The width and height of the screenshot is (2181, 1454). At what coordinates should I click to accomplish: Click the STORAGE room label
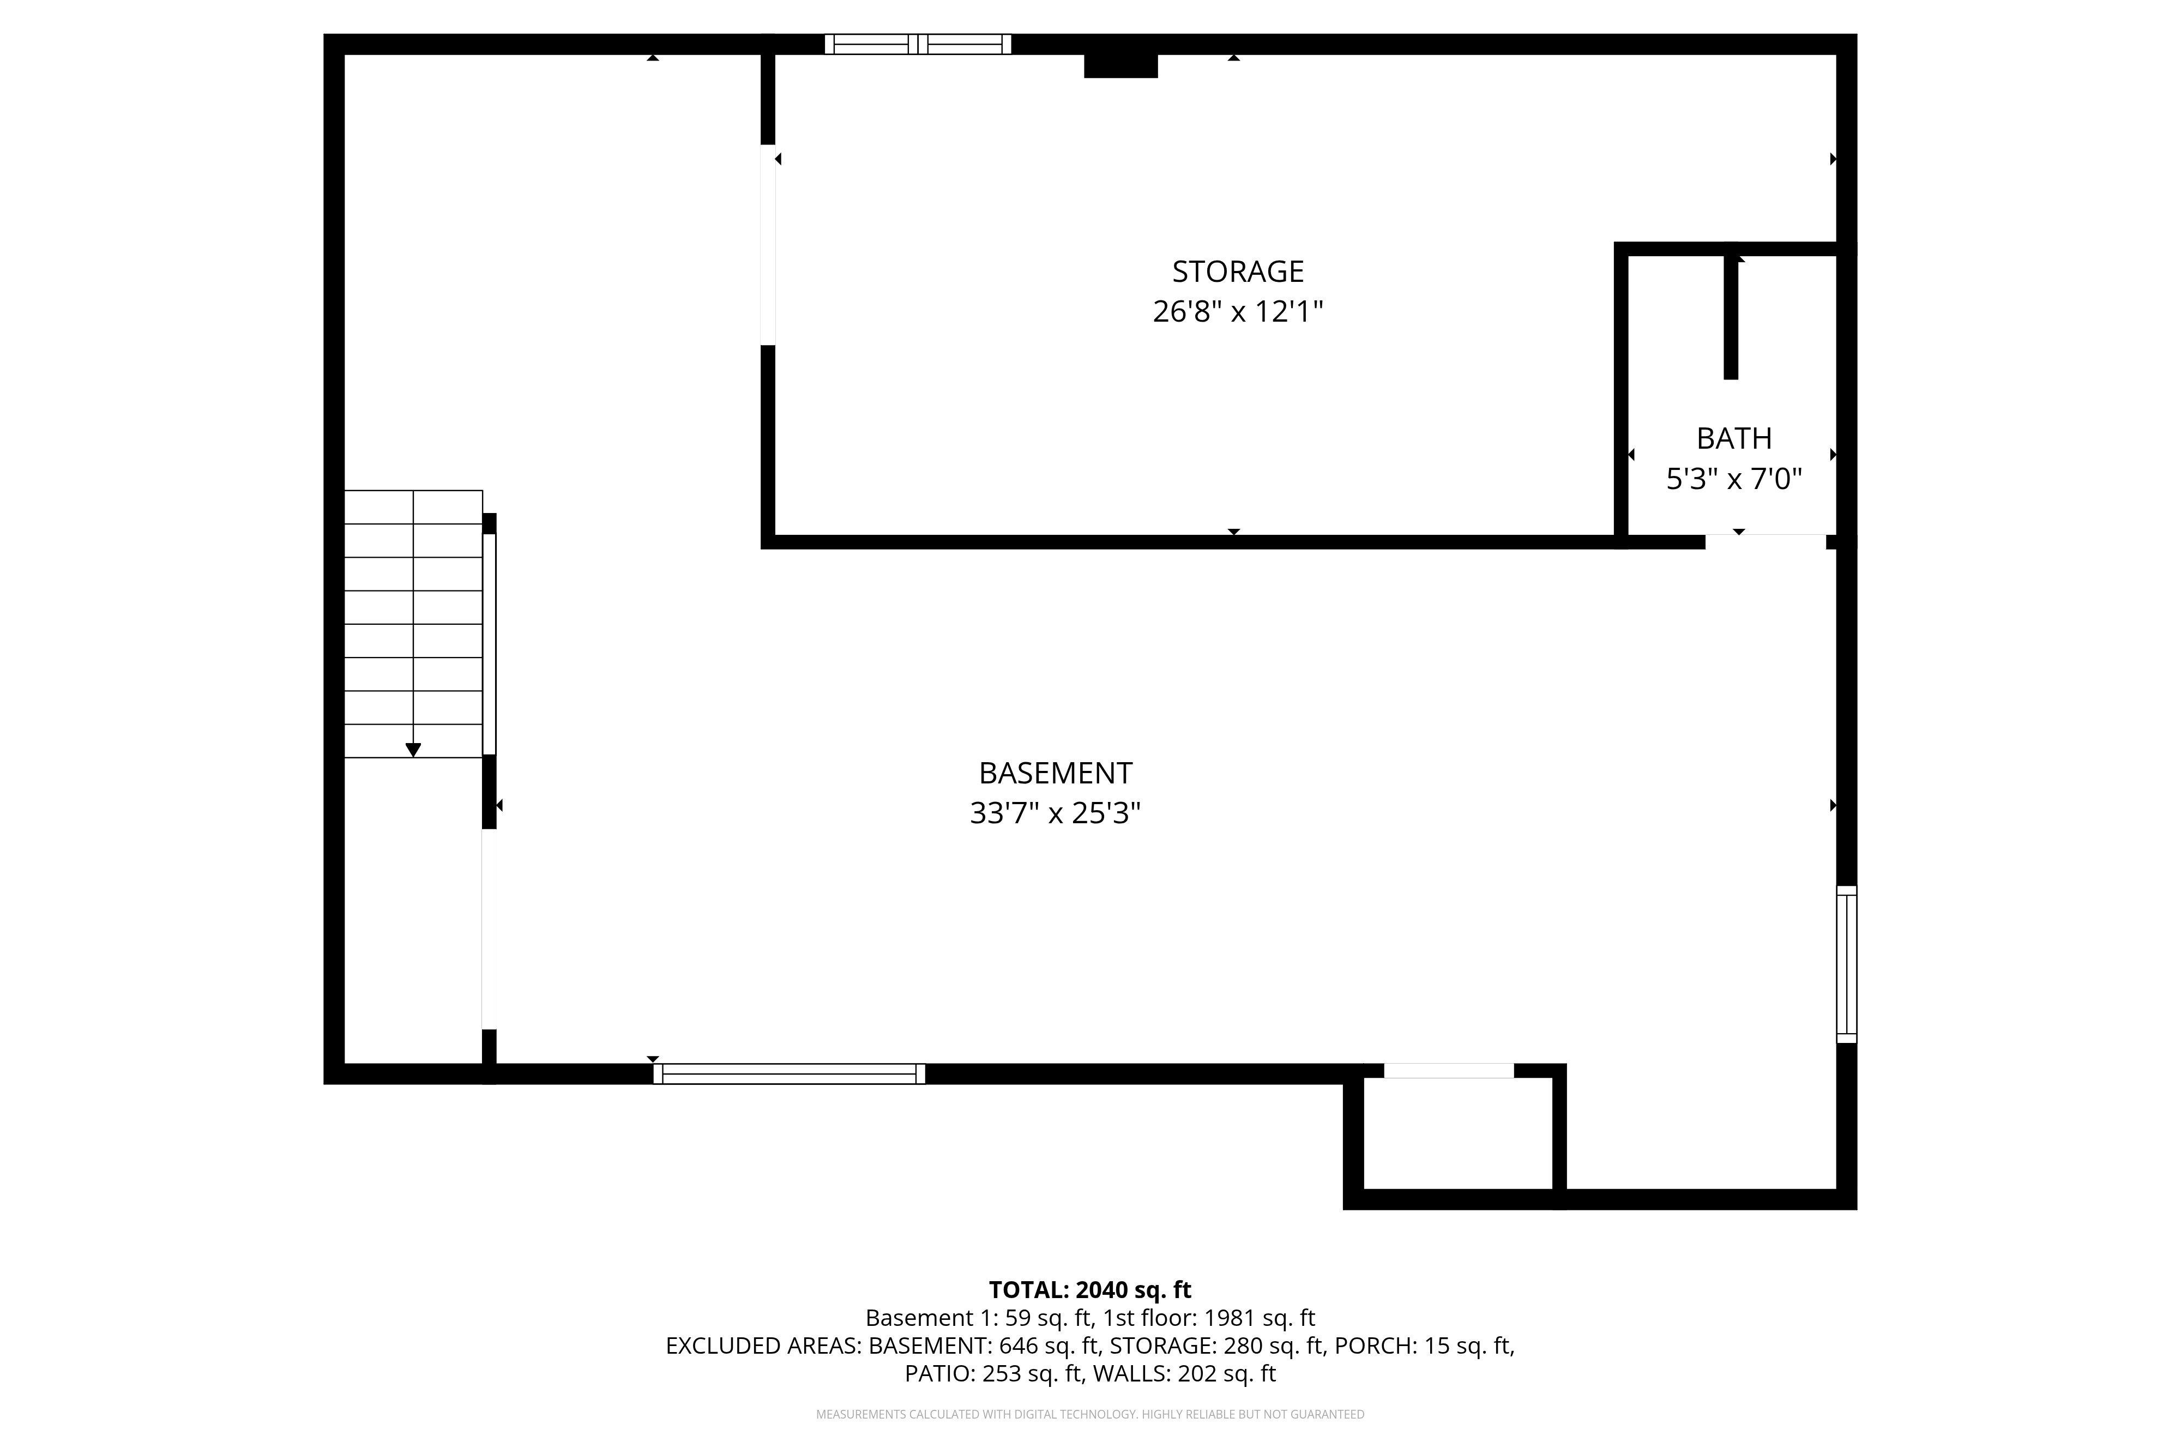pos(1238,272)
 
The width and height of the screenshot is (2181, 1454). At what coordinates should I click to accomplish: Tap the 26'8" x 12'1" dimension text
pos(1238,312)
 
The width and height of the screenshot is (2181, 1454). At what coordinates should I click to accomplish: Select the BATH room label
pos(1734,438)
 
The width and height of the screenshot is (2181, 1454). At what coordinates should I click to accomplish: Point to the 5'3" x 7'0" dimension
pos(1734,479)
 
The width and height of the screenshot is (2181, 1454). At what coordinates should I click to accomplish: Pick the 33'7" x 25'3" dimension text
pos(1055,813)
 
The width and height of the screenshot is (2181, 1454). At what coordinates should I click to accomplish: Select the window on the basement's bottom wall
pos(789,1074)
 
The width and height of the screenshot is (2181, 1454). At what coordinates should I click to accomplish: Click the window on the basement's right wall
pos(1846,964)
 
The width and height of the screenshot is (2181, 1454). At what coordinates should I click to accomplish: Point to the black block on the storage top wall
pos(1121,66)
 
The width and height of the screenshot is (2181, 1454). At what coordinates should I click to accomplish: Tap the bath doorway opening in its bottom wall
pos(1766,541)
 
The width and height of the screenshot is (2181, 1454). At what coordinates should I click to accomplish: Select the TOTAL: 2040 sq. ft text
pos(1090,1290)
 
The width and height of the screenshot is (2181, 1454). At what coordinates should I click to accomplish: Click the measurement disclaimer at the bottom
pos(1090,1414)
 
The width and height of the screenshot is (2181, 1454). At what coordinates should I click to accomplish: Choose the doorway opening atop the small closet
pos(1449,1071)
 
